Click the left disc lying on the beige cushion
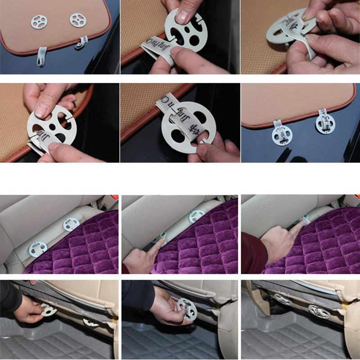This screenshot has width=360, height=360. [x=39, y=21]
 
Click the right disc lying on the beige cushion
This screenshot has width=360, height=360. [x=77, y=20]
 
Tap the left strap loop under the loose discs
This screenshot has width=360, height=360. [x=42, y=56]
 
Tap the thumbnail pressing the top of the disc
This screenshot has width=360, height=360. [x=182, y=17]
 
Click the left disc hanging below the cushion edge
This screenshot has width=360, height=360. [x=280, y=135]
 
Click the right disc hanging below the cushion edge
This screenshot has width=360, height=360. [x=325, y=124]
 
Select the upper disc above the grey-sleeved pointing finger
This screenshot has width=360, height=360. [x=196, y=216]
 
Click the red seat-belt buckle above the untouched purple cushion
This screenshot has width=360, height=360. [x=115, y=198]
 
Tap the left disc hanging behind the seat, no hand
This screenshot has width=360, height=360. [x=282, y=299]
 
